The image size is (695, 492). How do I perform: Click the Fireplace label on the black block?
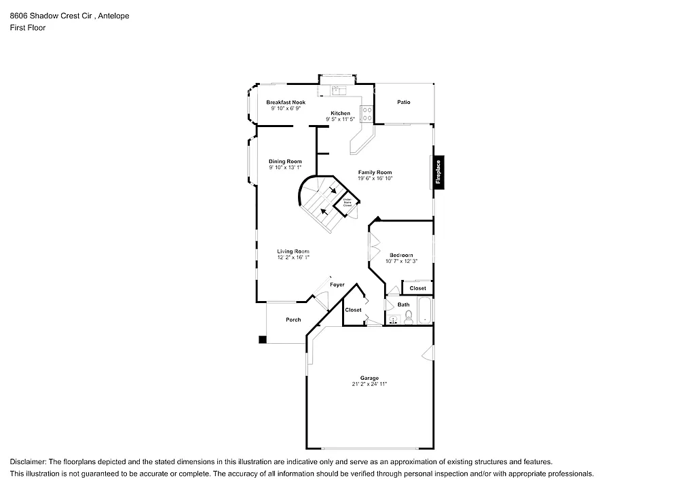point(438,173)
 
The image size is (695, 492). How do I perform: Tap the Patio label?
point(404,103)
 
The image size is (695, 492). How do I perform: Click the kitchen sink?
point(337,89)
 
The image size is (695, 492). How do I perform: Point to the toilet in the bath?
point(409,317)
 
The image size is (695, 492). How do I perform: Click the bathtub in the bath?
point(425,312)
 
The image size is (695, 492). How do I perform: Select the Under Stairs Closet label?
point(347,202)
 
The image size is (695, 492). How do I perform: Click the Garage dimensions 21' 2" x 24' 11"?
point(369,384)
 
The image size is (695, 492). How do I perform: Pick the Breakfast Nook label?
point(286,103)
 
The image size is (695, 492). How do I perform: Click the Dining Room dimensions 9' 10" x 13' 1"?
point(285,167)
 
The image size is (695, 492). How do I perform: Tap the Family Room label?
point(375,173)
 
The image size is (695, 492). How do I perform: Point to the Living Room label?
point(293,251)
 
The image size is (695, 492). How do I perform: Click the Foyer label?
point(337,285)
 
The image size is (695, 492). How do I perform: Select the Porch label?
point(293,319)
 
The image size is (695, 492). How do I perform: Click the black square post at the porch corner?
point(262,340)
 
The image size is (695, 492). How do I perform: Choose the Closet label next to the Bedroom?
point(418,288)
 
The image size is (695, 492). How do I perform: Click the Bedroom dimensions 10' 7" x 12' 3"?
point(401,261)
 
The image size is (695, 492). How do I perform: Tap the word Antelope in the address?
point(114,15)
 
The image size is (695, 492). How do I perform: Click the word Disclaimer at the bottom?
point(28,461)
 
